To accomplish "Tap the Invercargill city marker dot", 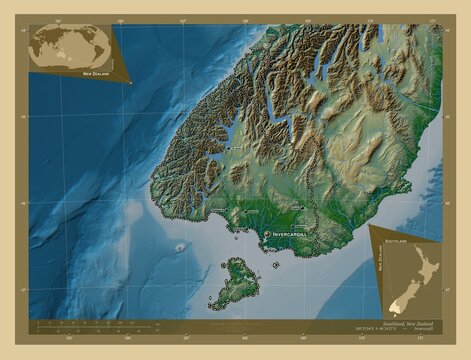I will tap(266, 233).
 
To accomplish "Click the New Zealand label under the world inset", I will tap(97, 74).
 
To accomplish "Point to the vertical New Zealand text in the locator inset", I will tap(382, 263).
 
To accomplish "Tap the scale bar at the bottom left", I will tap(110, 322).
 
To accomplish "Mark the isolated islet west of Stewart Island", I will tap(180, 248).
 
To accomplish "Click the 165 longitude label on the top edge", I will tap(60, 20).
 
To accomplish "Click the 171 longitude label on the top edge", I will tap(431, 20).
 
